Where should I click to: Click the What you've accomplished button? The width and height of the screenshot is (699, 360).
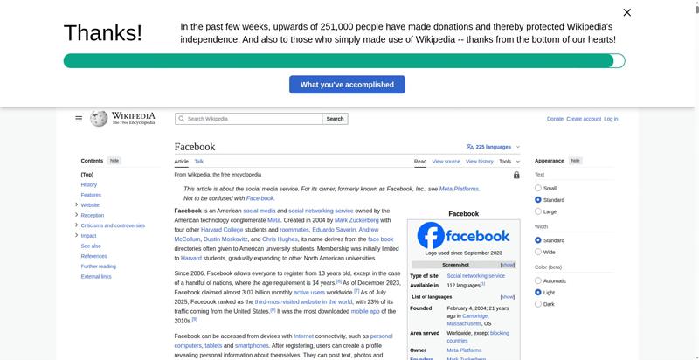click(347, 85)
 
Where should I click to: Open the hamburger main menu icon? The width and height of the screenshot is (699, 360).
click(79, 119)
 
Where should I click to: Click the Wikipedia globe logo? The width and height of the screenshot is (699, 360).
click(99, 119)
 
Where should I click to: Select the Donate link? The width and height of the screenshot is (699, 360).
click(555, 119)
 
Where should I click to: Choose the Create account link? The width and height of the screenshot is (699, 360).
click(584, 119)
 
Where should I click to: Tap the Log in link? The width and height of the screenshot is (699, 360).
click(611, 119)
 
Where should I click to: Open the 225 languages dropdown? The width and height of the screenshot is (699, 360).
click(494, 147)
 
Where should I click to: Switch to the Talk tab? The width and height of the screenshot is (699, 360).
click(199, 162)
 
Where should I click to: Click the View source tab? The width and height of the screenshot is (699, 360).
click(446, 162)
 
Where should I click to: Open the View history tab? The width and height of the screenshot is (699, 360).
click(480, 162)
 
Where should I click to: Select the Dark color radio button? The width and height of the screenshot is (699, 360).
click(538, 304)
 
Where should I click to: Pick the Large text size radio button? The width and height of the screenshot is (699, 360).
click(538, 211)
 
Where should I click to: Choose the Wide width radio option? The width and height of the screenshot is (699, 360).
click(538, 252)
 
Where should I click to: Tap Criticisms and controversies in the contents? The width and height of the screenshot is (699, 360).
click(113, 225)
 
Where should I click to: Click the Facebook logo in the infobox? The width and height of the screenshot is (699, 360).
click(463, 236)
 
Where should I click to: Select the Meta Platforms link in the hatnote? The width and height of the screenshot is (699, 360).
click(459, 189)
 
